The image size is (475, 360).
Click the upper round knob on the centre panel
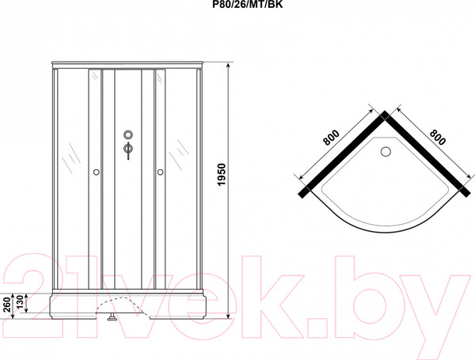click(127, 134)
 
